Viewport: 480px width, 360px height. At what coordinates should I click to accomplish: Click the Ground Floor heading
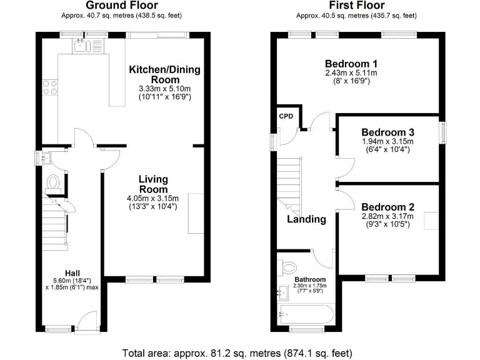(x=126, y=6)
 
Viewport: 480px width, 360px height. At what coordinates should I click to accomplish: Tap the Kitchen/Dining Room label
(x=164, y=74)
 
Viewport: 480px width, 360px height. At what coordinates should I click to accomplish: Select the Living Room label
(x=152, y=184)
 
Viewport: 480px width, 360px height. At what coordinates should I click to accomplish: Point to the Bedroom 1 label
(x=351, y=64)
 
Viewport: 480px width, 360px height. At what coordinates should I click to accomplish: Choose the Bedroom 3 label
(x=387, y=132)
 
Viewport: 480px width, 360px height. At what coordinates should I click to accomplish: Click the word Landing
(x=306, y=219)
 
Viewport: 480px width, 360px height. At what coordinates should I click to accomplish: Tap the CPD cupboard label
(x=286, y=116)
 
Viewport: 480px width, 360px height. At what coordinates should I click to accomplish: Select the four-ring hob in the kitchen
(x=50, y=87)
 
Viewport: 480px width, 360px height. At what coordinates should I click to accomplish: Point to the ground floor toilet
(x=53, y=182)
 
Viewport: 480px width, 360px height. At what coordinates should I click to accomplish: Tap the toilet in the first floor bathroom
(x=289, y=267)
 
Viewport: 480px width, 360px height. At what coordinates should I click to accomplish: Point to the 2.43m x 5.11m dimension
(x=351, y=73)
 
